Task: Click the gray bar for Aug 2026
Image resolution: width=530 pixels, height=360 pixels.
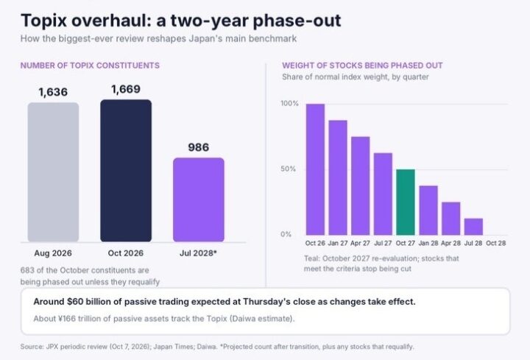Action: [54, 172]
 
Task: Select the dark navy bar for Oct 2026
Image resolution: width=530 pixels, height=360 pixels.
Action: [126, 171]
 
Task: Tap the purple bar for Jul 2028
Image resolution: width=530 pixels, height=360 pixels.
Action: [199, 200]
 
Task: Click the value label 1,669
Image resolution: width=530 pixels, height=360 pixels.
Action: [126, 89]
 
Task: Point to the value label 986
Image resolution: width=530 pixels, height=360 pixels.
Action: [199, 147]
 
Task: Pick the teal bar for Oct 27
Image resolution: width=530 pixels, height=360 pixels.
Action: [406, 202]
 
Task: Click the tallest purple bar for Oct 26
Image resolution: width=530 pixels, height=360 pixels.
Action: [315, 169]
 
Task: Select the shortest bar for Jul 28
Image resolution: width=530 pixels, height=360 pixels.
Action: [473, 227]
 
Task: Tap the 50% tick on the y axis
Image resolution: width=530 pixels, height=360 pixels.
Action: [288, 169]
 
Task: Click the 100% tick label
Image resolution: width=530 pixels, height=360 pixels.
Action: [290, 103]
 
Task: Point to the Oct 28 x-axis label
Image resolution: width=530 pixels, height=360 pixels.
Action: [496, 243]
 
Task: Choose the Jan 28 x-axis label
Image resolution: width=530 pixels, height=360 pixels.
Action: [428, 243]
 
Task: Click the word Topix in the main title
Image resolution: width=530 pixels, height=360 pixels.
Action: [44, 21]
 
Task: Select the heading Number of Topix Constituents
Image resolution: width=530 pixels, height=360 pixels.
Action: [90, 66]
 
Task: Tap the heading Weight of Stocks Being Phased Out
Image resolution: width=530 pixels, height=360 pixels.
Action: [362, 66]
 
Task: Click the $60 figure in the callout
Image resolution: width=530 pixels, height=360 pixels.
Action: [74, 302]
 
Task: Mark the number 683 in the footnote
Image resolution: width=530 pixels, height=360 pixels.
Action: [26, 270]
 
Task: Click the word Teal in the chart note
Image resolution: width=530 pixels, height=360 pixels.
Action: [311, 258]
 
